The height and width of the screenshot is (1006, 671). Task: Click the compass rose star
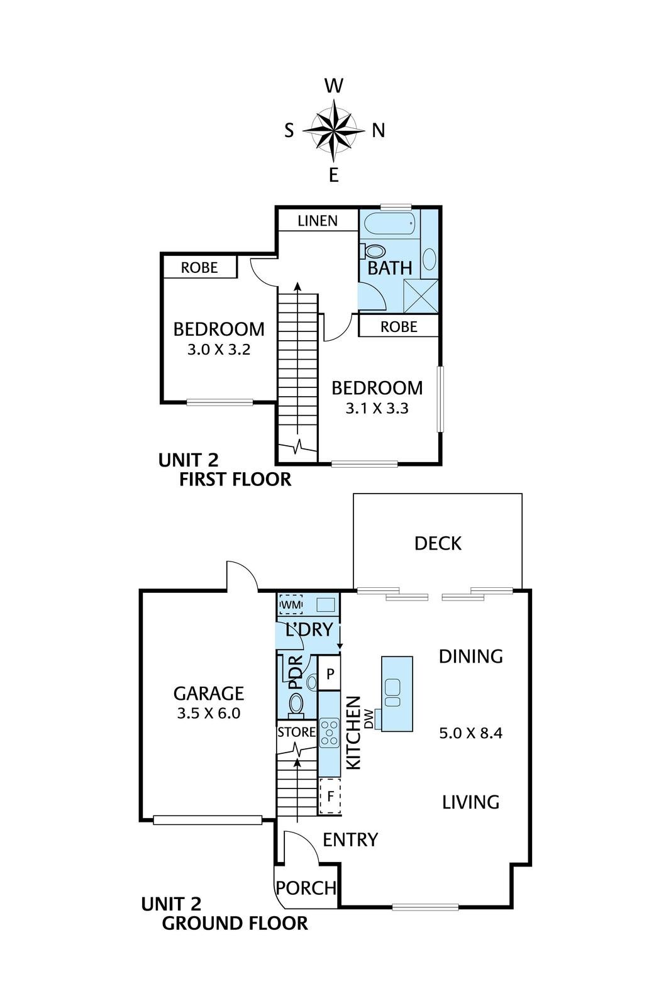[x=333, y=131]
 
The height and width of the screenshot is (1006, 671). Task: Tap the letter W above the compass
[x=334, y=86]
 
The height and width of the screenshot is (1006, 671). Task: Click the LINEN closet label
[x=318, y=221]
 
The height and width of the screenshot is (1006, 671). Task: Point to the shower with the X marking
[x=420, y=296]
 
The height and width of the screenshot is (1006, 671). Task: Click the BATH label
[x=390, y=268]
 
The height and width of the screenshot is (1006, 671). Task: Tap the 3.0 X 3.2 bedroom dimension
[x=219, y=350]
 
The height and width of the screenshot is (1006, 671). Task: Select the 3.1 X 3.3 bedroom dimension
[x=377, y=408]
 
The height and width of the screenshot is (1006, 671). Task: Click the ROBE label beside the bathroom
[x=399, y=326]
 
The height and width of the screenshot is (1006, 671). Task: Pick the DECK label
[x=438, y=543]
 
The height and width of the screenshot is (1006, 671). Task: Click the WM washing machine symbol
[x=292, y=604]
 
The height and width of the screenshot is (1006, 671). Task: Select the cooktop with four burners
[x=330, y=733]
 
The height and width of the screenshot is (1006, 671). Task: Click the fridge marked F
[x=330, y=797]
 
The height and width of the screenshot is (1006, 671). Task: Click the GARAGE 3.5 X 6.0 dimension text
[x=209, y=713]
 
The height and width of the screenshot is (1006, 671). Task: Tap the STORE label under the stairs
[x=296, y=732]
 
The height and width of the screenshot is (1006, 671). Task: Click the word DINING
[x=470, y=656]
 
